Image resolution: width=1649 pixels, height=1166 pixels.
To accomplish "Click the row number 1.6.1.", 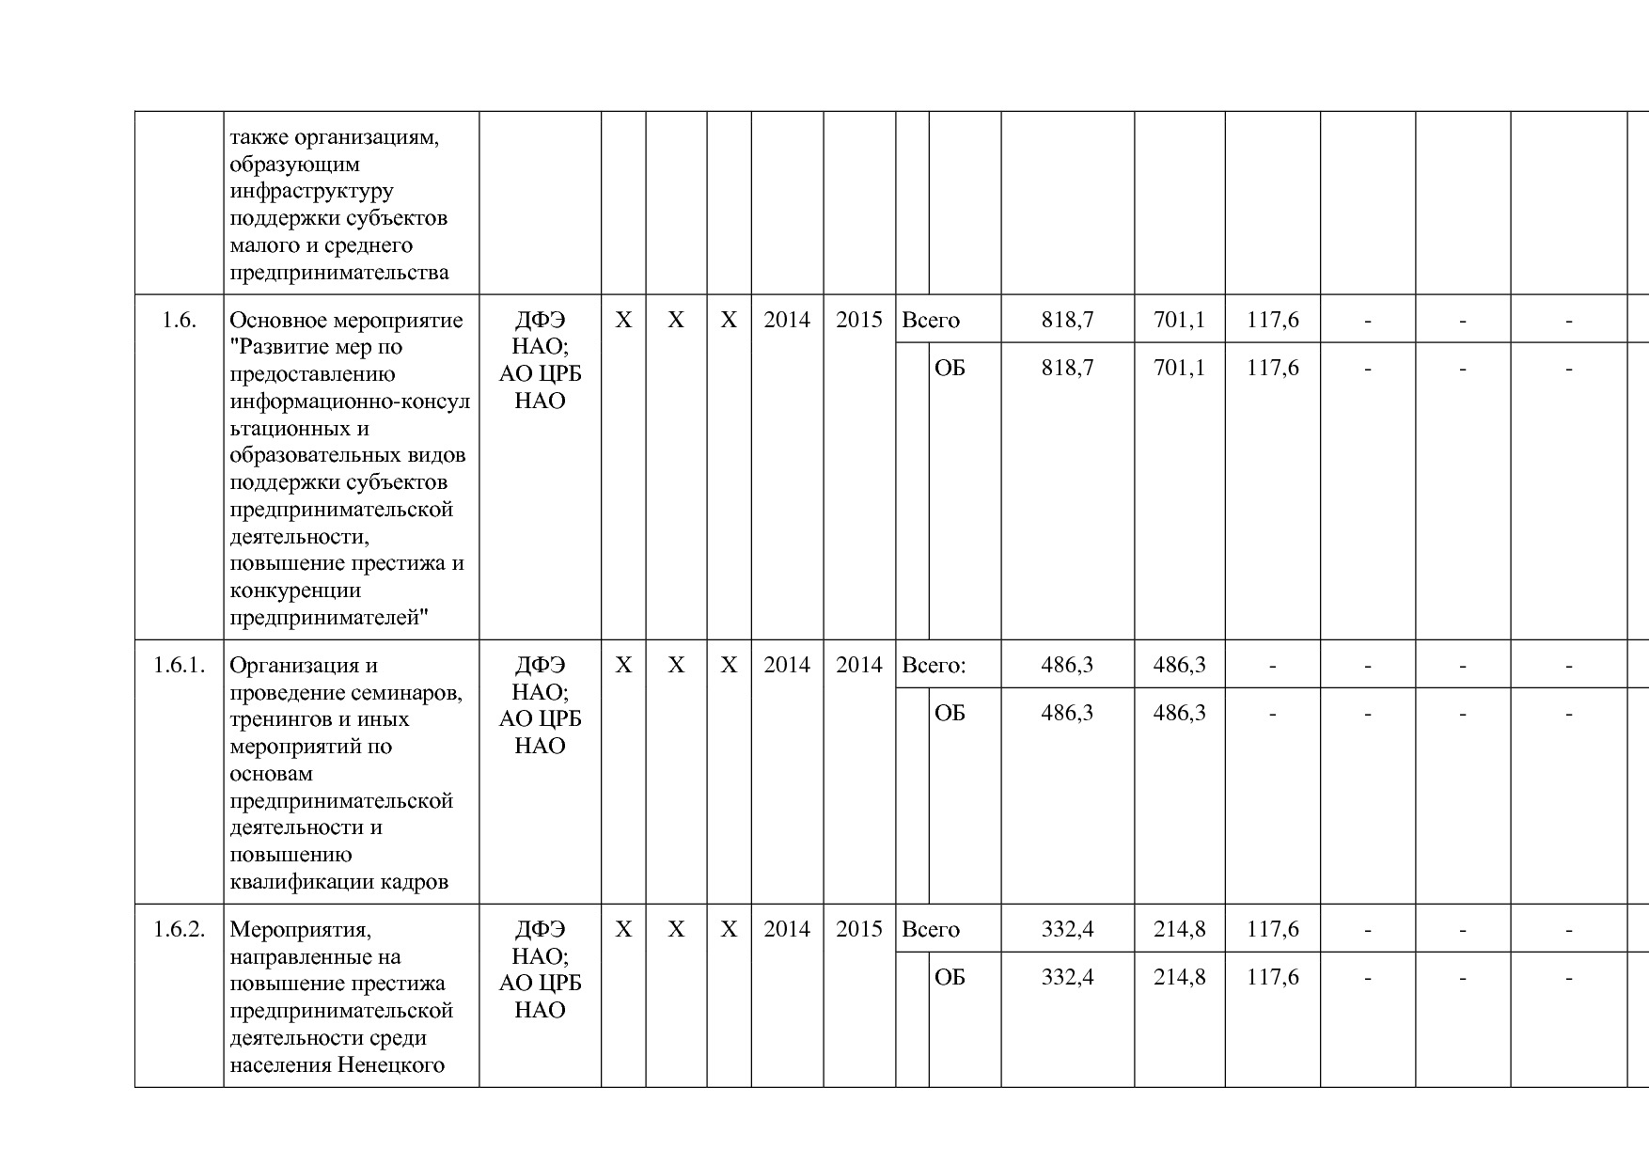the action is pyautogui.click(x=179, y=666).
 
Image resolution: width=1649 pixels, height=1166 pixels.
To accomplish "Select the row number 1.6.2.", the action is pyautogui.click(x=179, y=930).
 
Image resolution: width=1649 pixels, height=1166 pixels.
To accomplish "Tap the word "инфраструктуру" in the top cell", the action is pyautogui.click(x=311, y=191).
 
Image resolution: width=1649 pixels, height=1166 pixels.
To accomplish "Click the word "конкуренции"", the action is pyautogui.click(x=295, y=591).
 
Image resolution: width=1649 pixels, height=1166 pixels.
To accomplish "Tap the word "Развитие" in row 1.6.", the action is pyautogui.click(x=276, y=347).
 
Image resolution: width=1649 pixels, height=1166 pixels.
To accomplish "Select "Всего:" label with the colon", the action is pyautogui.click(x=934, y=666).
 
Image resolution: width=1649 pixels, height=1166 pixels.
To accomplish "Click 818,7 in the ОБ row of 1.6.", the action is pyautogui.click(x=1067, y=368).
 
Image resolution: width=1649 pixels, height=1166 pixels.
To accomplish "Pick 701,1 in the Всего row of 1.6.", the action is pyautogui.click(x=1179, y=321).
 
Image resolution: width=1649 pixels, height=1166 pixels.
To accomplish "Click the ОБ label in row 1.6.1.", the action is pyautogui.click(x=950, y=713).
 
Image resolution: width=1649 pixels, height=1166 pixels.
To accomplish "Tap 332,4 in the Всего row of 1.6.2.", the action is pyautogui.click(x=1067, y=930).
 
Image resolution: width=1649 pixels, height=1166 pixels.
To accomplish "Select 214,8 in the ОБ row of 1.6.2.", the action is pyautogui.click(x=1179, y=977).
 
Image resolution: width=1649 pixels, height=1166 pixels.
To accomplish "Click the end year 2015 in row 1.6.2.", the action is pyautogui.click(x=859, y=930).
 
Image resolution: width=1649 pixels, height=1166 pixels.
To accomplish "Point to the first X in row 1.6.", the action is pyautogui.click(x=623, y=321).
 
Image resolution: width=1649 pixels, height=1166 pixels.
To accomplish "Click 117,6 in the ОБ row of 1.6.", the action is pyautogui.click(x=1273, y=368).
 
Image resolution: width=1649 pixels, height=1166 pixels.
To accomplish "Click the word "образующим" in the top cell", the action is pyautogui.click(x=294, y=165).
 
